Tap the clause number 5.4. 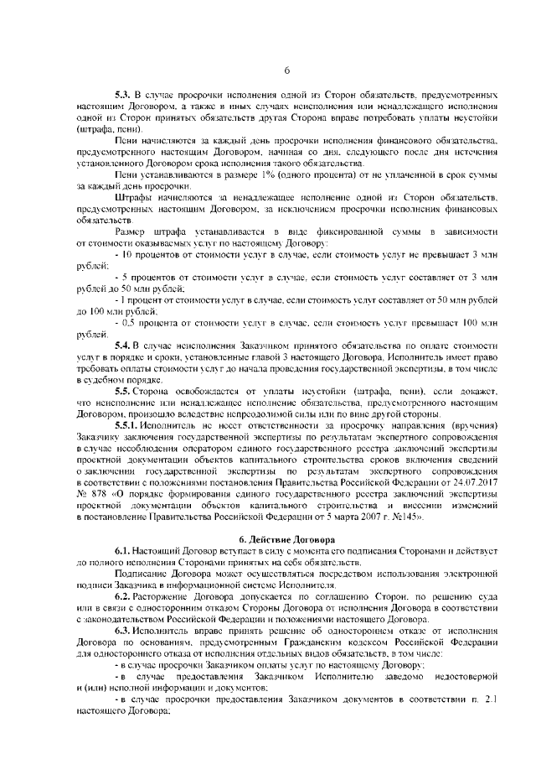coord(124,345)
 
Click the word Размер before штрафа coord(132,230)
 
